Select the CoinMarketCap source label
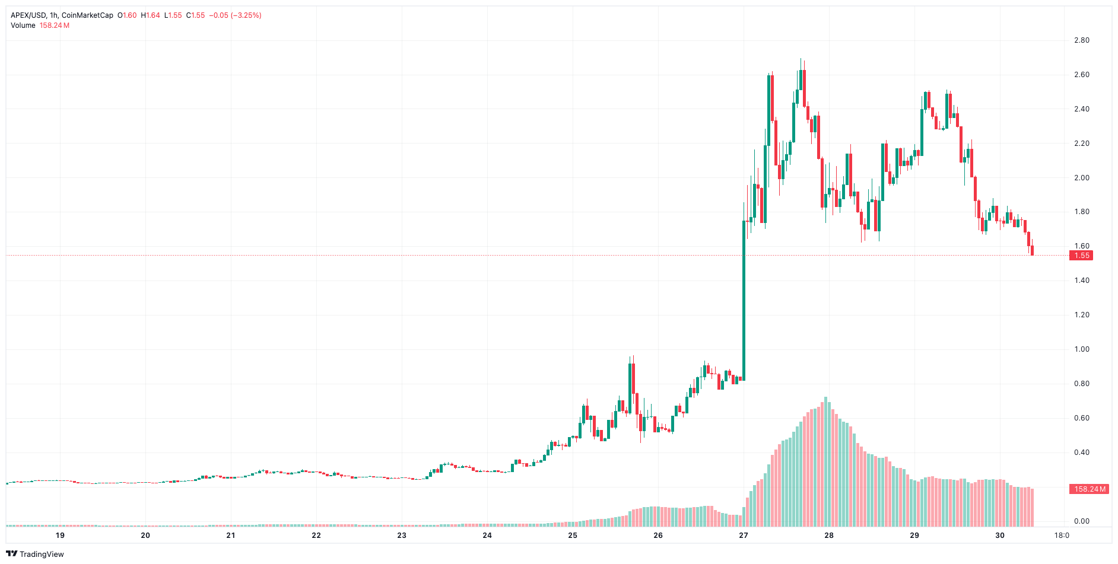point(87,15)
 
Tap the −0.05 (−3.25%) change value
point(235,15)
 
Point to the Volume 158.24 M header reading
point(40,26)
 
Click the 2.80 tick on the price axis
point(1082,40)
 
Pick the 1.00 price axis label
point(1082,349)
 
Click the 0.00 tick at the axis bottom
point(1082,521)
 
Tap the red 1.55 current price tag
point(1082,256)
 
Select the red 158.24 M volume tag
point(1090,489)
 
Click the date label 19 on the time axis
point(60,535)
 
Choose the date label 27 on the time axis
point(744,535)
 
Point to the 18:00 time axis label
point(1062,535)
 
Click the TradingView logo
point(35,554)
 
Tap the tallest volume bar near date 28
point(825,463)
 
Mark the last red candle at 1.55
point(1033,251)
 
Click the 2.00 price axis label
point(1082,178)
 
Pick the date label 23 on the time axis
point(402,535)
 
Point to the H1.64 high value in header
point(151,15)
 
